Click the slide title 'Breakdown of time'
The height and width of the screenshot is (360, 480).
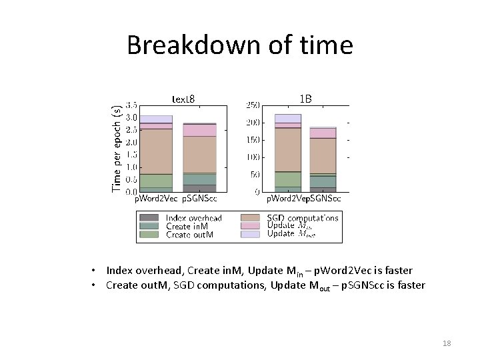pyautogui.click(x=239, y=45)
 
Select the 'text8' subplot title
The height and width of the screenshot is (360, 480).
pyautogui.click(x=183, y=99)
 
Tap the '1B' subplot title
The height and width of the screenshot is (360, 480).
pyautogui.click(x=305, y=99)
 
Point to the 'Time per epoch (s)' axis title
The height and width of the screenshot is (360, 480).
pyautogui.click(x=117, y=148)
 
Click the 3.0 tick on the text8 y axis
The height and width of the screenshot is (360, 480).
pyautogui.click(x=131, y=118)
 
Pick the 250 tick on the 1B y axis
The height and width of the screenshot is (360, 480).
pyautogui.click(x=253, y=105)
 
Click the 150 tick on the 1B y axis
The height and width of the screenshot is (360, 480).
pyautogui.click(x=253, y=140)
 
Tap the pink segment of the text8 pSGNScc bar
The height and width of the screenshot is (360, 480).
pyautogui.click(x=199, y=130)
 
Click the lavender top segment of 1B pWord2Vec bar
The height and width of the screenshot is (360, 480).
pyautogui.click(x=288, y=119)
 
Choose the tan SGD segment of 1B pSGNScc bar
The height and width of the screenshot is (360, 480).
pyautogui.click(x=323, y=155)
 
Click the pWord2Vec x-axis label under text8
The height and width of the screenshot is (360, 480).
pyautogui.click(x=157, y=199)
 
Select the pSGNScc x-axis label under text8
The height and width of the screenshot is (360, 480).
pyautogui.click(x=200, y=199)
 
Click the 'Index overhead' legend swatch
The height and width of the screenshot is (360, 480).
pyautogui.click(x=150, y=218)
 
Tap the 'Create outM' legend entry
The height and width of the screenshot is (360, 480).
pyautogui.click(x=190, y=234)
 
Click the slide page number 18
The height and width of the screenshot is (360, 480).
pyautogui.click(x=447, y=343)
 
